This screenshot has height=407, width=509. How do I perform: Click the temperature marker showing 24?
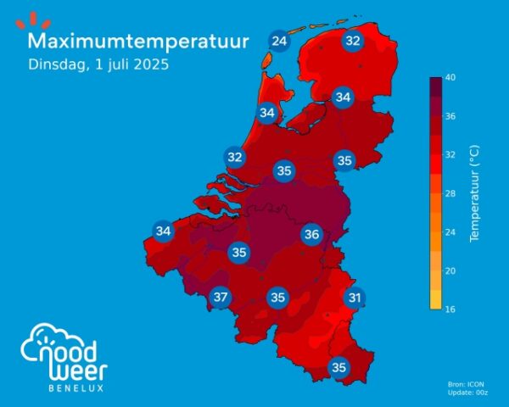pos(278,40)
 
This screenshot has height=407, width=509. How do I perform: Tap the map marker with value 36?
pos(311,235)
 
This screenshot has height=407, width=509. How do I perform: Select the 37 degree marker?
pos(221,297)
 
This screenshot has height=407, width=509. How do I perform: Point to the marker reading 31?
pos(355,297)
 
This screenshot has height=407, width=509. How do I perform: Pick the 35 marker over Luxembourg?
pos(338,367)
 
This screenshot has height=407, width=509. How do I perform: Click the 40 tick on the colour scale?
pos(451,78)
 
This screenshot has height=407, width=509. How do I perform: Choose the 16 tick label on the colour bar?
pos(451,309)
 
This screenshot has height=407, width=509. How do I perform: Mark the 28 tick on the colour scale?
pos(451,194)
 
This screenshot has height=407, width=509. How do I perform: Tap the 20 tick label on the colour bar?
pos(451,270)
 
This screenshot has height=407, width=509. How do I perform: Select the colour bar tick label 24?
pos(451,232)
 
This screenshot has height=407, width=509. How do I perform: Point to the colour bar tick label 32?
pos(451,155)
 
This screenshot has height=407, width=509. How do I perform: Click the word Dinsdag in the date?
pos(56,64)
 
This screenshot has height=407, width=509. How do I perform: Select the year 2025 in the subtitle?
pos(150,64)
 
